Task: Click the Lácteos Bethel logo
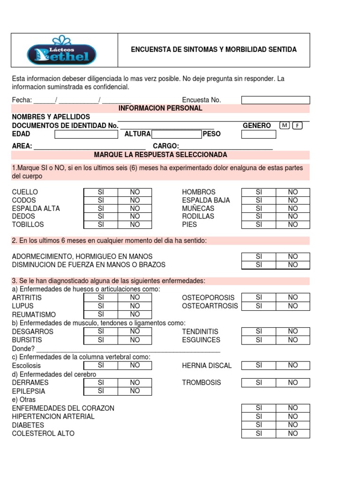(62, 51)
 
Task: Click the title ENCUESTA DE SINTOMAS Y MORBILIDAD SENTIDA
(213, 50)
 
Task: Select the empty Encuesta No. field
(275, 100)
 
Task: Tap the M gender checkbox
(284, 125)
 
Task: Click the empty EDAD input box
(86, 135)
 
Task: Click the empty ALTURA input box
(176, 135)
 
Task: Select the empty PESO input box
(258, 135)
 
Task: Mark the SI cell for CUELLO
(100, 192)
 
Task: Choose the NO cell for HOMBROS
(292, 192)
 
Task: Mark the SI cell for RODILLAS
(258, 217)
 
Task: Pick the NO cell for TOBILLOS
(135, 225)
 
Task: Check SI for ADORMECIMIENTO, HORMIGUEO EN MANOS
(258, 257)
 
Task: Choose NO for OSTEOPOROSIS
(292, 297)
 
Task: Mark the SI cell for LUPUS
(100, 306)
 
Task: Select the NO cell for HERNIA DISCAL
(292, 365)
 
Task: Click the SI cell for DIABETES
(258, 425)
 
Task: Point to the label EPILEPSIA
(29, 391)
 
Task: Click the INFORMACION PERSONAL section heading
(160, 108)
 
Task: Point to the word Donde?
(23, 349)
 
